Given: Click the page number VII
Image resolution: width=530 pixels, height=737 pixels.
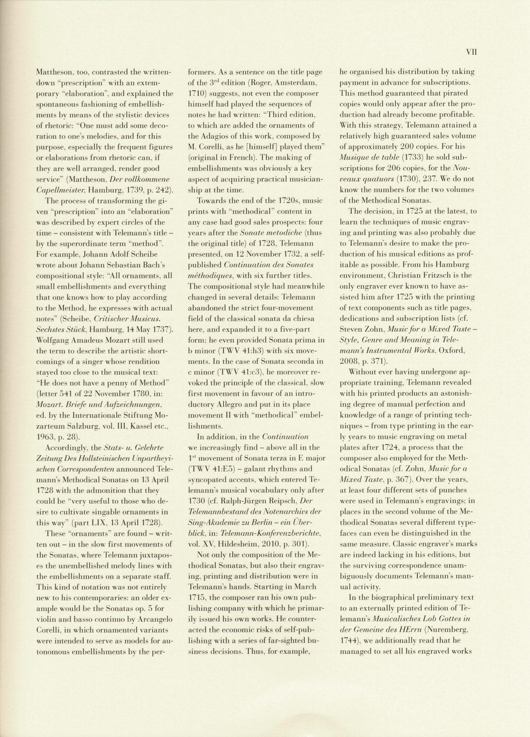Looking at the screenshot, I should click(x=471, y=52).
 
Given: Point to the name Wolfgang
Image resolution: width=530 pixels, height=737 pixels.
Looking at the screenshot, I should click(x=53, y=340).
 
